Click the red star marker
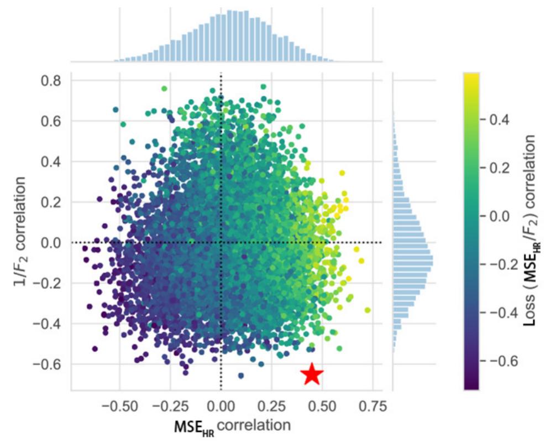[312, 374]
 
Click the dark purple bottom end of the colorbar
[472, 387]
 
